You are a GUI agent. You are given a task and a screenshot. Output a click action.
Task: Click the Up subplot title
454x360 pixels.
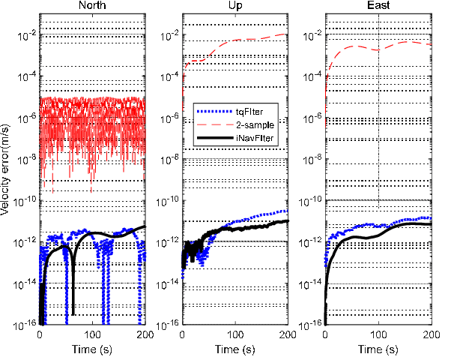pos(234,6)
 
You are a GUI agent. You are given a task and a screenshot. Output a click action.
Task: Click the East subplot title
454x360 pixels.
pos(378,6)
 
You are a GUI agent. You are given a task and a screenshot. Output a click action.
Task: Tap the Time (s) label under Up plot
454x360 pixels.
pos(234,349)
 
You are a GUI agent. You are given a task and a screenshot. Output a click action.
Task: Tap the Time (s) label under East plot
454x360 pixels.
pos(378,349)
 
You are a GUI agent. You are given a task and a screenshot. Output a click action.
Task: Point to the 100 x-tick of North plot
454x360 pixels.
pos(92,334)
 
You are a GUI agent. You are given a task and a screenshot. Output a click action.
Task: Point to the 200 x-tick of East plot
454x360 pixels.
pos(431,334)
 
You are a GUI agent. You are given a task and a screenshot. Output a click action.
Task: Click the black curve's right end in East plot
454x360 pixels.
pos(430,224)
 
